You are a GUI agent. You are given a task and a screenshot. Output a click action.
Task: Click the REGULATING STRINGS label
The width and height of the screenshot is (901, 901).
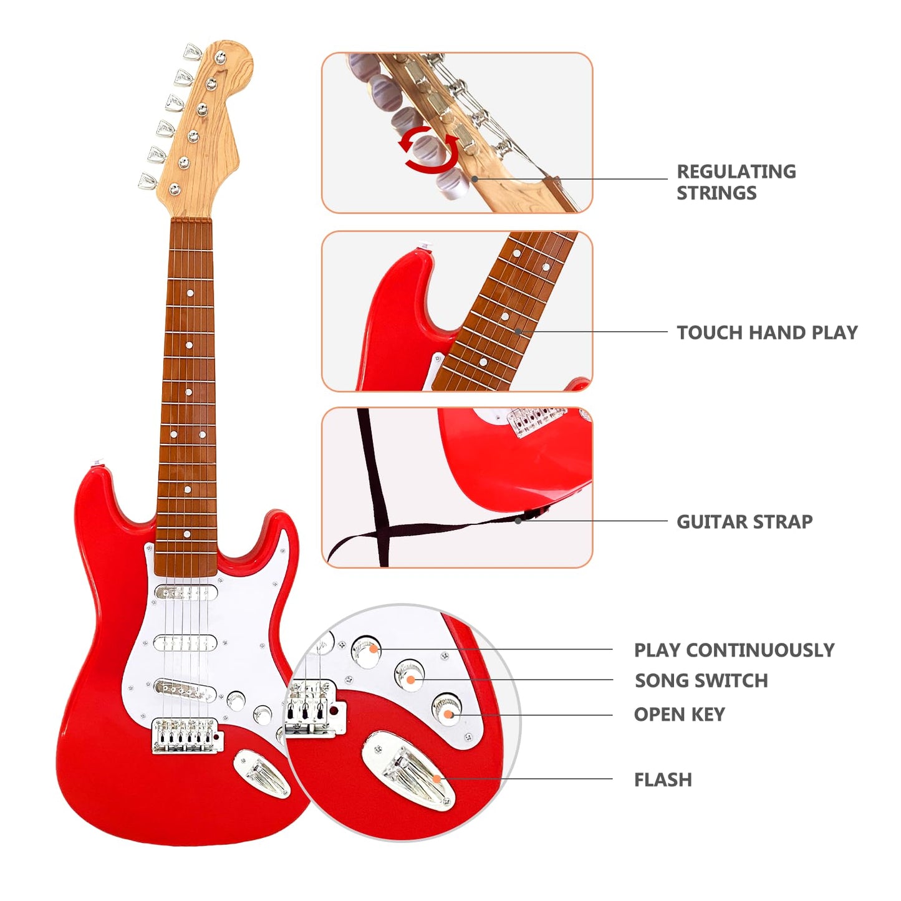coord(736,182)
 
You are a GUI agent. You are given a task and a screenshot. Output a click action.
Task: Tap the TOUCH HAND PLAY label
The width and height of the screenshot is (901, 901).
coord(767,332)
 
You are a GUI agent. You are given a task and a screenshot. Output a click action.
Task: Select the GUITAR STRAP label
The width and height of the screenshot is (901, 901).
coord(744,521)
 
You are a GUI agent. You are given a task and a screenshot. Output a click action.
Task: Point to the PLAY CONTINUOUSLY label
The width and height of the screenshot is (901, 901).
coord(734,650)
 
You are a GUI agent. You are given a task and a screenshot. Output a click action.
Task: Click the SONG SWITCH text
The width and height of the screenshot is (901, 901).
coord(701,680)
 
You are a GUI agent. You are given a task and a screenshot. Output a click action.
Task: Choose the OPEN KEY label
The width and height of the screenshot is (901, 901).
coord(679,714)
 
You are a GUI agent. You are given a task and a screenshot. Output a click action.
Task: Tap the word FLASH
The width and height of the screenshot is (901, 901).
coord(663,779)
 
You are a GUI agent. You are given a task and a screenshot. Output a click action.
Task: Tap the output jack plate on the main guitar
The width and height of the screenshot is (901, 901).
coord(263,774)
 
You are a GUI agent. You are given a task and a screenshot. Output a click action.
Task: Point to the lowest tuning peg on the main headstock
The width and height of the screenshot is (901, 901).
coord(147,181)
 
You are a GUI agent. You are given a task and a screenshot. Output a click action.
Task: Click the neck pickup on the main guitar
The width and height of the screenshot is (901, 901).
coord(186,593)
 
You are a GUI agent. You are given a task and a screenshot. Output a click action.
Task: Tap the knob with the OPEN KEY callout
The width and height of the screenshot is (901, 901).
coord(446,709)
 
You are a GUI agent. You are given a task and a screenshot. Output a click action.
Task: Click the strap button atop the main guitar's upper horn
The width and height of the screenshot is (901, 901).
coord(97,465)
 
